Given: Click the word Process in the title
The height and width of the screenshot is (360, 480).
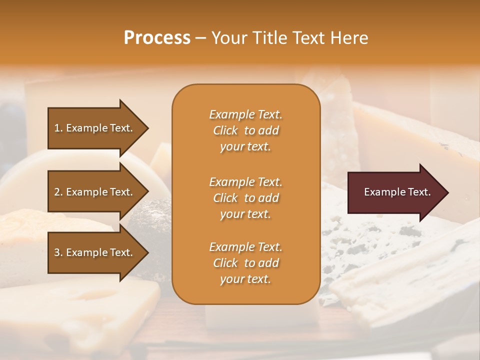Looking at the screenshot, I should pos(157,38).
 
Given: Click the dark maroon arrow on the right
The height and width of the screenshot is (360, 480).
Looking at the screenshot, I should pos(395,192).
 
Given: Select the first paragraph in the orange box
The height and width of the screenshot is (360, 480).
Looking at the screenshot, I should pos(245,130).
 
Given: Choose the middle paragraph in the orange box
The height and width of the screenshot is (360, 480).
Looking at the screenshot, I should pos(245,197).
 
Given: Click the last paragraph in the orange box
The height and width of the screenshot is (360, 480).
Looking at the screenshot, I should pos(245,263).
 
